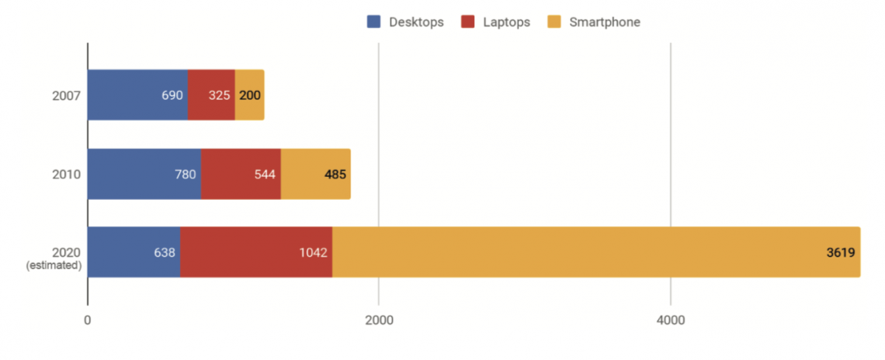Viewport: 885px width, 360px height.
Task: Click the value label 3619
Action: tap(840, 253)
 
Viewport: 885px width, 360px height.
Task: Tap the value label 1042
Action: tap(313, 253)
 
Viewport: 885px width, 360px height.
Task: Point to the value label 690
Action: tap(172, 95)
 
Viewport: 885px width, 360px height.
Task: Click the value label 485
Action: tap(336, 175)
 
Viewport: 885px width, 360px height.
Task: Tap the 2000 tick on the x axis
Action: tap(378, 320)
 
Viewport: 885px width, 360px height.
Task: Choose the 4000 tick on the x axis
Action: tap(670, 320)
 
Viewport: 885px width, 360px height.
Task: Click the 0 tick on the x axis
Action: tap(88, 320)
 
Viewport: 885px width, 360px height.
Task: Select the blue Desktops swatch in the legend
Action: tap(374, 22)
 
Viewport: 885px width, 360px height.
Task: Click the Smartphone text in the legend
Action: tap(604, 22)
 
